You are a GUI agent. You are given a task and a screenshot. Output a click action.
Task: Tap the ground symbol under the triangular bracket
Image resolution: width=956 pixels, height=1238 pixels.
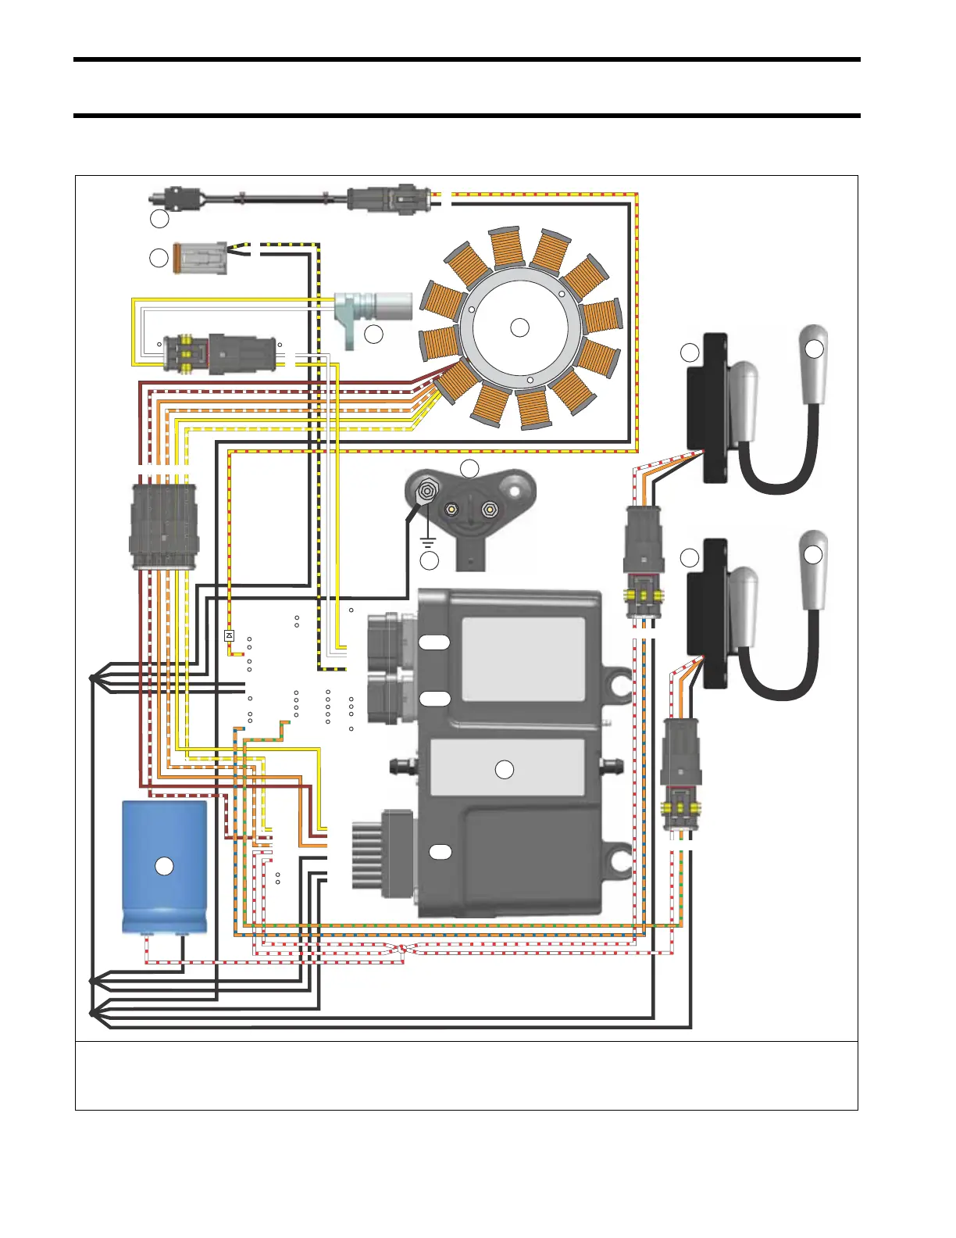(x=428, y=538)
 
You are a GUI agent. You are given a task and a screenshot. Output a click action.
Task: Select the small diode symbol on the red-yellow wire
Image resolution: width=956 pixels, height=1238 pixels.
(x=229, y=635)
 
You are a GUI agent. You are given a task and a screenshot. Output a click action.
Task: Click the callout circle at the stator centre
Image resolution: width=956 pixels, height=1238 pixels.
(x=519, y=327)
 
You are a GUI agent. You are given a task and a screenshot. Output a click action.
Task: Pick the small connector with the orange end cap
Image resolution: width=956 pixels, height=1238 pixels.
(x=200, y=258)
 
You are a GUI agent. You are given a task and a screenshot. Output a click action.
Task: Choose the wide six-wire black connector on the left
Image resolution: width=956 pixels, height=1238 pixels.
(x=164, y=526)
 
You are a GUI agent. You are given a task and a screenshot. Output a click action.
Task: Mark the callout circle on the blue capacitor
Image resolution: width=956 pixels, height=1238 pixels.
(x=164, y=866)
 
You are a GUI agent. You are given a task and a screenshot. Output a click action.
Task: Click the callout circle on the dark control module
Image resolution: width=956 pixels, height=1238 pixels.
(x=505, y=769)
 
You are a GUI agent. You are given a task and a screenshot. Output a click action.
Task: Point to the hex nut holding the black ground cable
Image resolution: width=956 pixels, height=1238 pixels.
(x=426, y=492)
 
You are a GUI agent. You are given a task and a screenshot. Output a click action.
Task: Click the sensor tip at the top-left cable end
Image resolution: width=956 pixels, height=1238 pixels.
(x=159, y=195)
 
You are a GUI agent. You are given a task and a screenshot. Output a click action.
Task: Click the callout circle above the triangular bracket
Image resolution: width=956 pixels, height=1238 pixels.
(x=469, y=469)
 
